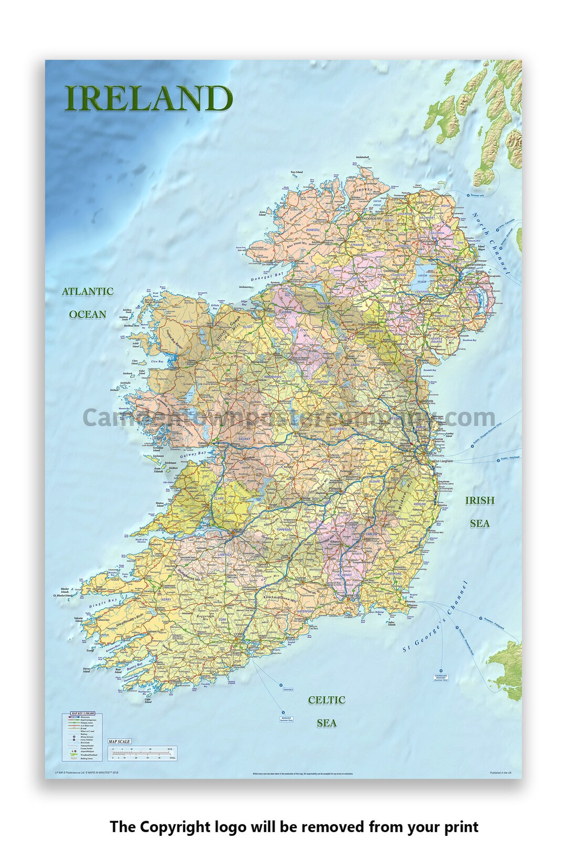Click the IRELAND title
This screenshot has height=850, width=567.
point(148,99)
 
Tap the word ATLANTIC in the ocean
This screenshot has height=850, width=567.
point(88,292)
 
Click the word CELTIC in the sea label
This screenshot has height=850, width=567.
point(326,700)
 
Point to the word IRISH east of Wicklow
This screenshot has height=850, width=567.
point(479,501)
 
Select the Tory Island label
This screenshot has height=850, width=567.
point(297,172)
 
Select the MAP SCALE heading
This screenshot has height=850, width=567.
point(119,741)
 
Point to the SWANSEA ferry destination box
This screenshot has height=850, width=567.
point(288,690)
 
